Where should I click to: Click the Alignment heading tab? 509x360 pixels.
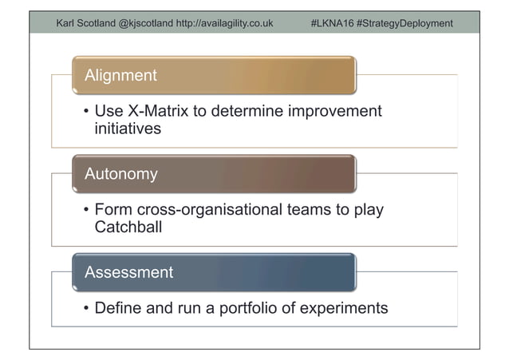click(214, 76)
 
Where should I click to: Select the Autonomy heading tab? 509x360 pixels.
click(214, 174)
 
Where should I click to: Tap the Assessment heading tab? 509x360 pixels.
click(214, 272)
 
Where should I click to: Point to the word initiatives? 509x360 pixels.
click(128, 128)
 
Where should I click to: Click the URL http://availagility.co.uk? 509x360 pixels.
click(224, 23)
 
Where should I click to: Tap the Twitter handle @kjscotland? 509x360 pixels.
click(145, 23)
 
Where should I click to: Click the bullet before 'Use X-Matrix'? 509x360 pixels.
click(85, 112)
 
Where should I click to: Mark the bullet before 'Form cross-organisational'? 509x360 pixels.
click(85, 211)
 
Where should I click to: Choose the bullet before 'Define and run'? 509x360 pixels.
click(85, 308)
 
